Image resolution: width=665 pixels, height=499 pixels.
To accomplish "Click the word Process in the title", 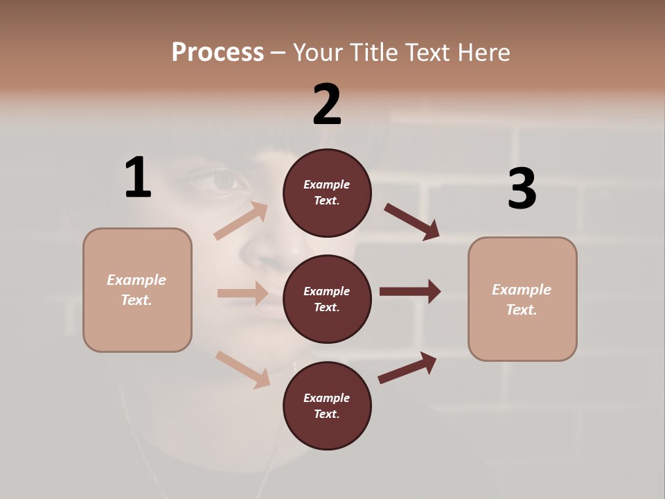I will pyautogui.click(x=218, y=53).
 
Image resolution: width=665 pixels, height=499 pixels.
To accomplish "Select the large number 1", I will pyautogui.click(x=138, y=178).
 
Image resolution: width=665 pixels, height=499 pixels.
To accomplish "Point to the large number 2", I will pyautogui.click(x=327, y=105).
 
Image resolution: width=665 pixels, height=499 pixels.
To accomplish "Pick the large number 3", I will pyautogui.click(x=522, y=189).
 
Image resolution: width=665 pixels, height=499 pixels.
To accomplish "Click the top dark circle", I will pyautogui.click(x=327, y=193).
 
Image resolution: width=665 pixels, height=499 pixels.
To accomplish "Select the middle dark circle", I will pyautogui.click(x=327, y=299).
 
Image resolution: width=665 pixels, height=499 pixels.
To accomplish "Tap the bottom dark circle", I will pyautogui.click(x=327, y=405).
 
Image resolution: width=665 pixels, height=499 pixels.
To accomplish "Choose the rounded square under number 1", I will pyautogui.click(x=137, y=290).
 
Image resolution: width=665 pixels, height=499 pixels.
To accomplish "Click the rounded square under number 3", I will pyautogui.click(x=522, y=299).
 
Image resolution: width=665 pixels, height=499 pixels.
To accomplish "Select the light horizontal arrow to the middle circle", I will pyautogui.click(x=242, y=293).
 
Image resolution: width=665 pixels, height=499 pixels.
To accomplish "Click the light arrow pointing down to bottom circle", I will pyautogui.click(x=242, y=369).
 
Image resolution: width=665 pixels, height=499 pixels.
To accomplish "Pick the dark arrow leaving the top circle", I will pyautogui.click(x=412, y=222).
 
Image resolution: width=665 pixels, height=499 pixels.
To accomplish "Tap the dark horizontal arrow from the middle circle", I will pyautogui.click(x=410, y=291).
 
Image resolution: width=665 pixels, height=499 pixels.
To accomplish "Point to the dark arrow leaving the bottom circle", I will pyautogui.click(x=407, y=367).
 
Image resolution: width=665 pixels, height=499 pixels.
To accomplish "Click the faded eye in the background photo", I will pyautogui.click(x=223, y=180).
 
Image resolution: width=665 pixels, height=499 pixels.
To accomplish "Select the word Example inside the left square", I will pyautogui.click(x=136, y=280).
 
